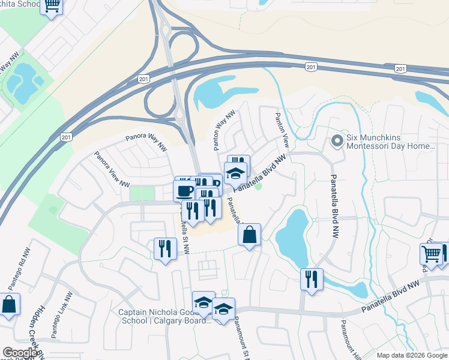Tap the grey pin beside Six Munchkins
pos(337,142)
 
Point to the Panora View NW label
pos(111,168)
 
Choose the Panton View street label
pos(282,131)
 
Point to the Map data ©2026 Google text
pos(412,355)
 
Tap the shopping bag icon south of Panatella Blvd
pos(250,235)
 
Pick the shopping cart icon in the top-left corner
pos(52,5)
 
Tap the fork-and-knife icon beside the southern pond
pos(312,280)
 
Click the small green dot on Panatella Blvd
pos(259,186)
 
